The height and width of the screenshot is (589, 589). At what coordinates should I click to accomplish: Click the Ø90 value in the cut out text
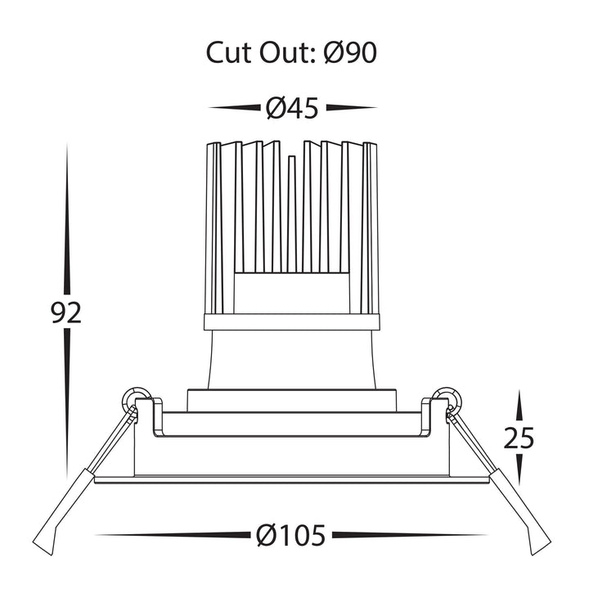[350, 52]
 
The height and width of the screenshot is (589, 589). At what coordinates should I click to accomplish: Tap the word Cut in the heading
[229, 52]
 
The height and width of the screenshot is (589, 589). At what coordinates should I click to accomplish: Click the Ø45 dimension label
[293, 108]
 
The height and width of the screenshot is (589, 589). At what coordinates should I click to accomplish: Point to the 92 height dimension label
[66, 312]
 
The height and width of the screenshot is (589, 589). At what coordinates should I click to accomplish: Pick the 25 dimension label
[519, 438]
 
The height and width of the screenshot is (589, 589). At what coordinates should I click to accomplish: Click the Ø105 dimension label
[290, 536]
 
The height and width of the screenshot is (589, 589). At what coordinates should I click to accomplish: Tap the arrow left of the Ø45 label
[235, 108]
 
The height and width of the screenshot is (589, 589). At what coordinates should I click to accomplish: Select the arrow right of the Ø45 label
[352, 108]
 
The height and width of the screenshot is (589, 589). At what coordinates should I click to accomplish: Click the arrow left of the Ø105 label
[173, 535]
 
